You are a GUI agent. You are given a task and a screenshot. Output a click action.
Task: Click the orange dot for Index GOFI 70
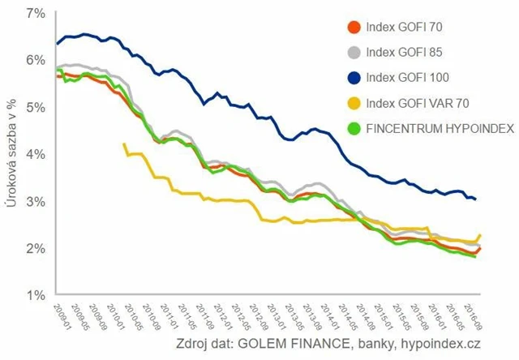[x=353, y=28]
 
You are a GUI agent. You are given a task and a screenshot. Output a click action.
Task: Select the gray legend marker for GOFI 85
[x=353, y=53]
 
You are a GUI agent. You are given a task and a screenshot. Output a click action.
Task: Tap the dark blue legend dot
[x=353, y=78]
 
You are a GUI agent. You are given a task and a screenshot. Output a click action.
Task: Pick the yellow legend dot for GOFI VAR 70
[x=353, y=102]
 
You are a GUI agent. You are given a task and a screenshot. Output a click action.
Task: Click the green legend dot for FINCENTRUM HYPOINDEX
[x=353, y=127]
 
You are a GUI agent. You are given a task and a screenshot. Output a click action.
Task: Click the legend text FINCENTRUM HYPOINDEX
[x=431, y=127]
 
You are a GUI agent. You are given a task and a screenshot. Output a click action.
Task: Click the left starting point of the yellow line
[x=123, y=144]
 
